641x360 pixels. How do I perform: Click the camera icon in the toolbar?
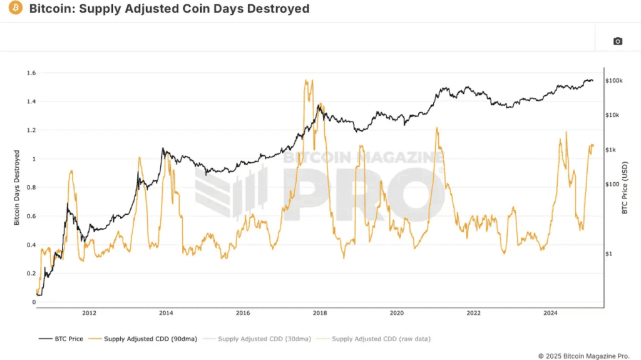[617, 41]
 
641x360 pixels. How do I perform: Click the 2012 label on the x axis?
[89, 313]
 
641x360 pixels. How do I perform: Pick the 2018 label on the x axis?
[319, 313]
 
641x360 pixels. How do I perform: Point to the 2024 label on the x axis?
[550, 313]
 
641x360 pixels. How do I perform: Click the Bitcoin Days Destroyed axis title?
[17, 188]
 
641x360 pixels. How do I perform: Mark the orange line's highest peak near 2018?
[306, 80]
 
